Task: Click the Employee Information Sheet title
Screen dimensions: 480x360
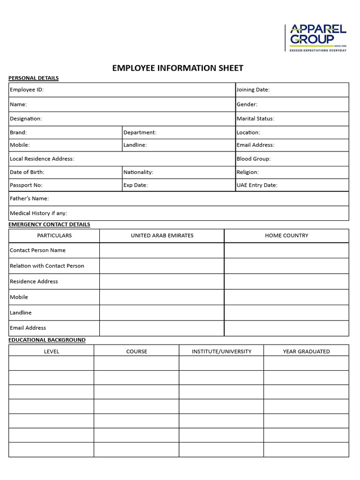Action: coord(178,68)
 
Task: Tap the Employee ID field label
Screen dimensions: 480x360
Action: coord(27,90)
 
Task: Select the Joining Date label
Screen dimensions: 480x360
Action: coord(253,90)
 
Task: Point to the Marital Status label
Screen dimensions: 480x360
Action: coord(255,119)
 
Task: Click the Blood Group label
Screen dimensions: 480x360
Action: coord(254,159)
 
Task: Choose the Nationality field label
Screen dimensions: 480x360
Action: coord(138,172)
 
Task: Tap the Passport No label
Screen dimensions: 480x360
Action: coord(26,185)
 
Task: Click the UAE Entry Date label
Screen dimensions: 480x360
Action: coord(257,185)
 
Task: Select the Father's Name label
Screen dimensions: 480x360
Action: coord(30,199)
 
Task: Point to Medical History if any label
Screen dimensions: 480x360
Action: coord(38,213)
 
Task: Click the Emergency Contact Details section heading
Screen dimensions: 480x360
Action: coord(49,225)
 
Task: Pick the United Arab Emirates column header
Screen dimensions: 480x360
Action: coord(162,236)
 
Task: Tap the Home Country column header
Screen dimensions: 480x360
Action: coord(286,236)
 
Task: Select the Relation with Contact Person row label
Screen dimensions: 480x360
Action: coord(47,266)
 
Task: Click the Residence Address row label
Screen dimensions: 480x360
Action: coord(34,281)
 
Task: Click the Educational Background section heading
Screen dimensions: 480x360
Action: coord(47,340)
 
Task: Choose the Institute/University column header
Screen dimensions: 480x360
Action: coord(221,351)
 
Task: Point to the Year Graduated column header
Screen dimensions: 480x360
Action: coord(306,351)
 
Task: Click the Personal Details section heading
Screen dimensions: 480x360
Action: coord(34,78)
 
